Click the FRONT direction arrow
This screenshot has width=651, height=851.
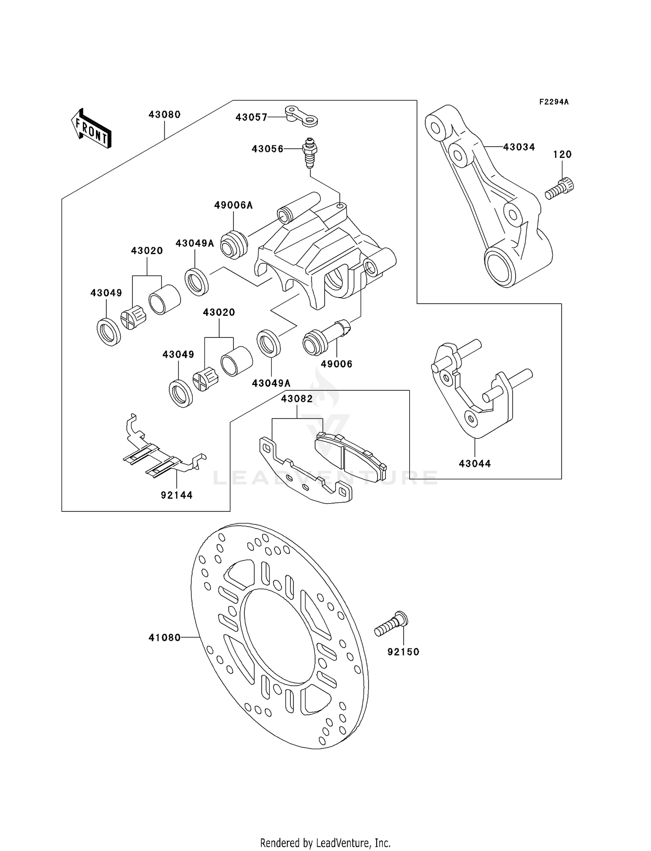point(91,129)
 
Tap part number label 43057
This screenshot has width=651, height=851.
point(251,117)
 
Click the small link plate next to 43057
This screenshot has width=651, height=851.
point(302,116)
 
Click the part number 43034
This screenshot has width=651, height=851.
point(519,147)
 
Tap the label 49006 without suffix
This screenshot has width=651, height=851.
point(336,364)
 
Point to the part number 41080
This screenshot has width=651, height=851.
point(164,638)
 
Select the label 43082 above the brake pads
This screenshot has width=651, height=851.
point(297,399)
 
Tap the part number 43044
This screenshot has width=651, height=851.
point(475,464)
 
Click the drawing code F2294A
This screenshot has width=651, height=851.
point(554,102)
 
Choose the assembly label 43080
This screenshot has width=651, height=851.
point(164,115)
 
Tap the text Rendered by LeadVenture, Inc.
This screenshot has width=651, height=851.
point(325,843)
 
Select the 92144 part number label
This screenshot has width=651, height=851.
point(177,495)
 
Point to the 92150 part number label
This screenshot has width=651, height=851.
point(403,652)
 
